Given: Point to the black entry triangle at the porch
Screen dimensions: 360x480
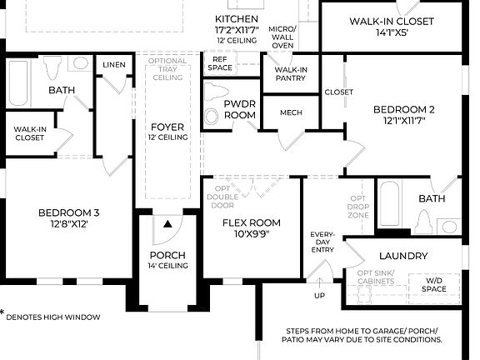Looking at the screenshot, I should click(x=167, y=224).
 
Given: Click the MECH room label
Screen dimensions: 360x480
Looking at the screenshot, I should click(x=291, y=112).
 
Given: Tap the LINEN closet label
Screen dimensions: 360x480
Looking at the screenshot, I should click(x=113, y=65).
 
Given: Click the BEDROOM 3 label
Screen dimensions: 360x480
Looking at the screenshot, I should click(x=68, y=218).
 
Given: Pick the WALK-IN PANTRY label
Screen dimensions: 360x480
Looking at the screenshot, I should click(x=290, y=74).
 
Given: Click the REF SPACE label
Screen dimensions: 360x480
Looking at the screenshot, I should click(x=221, y=64).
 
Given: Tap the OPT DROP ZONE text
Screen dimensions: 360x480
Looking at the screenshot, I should click(x=359, y=206).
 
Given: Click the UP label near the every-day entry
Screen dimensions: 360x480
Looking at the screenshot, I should click(x=320, y=296).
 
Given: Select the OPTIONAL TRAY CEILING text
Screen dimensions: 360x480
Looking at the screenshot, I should click(x=167, y=69).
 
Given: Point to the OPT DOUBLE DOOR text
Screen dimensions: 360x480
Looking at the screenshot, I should click(x=221, y=198).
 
